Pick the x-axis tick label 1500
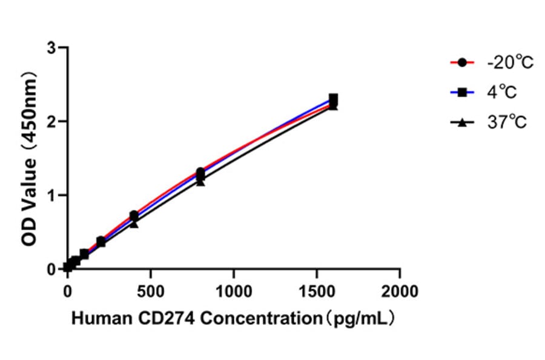(x=317, y=291)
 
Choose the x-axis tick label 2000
(x=400, y=291)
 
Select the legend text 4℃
(x=500, y=92)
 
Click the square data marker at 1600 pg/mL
(x=333, y=98)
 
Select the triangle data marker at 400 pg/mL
(x=134, y=224)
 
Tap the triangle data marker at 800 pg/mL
(x=200, y=181)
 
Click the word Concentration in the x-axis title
(x=249, y=319)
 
